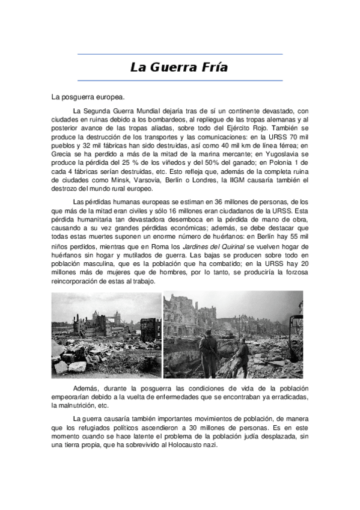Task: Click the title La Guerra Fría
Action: click(179, 67)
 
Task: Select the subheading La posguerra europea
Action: click(88, 96)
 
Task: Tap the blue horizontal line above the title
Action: click(179, 54)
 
